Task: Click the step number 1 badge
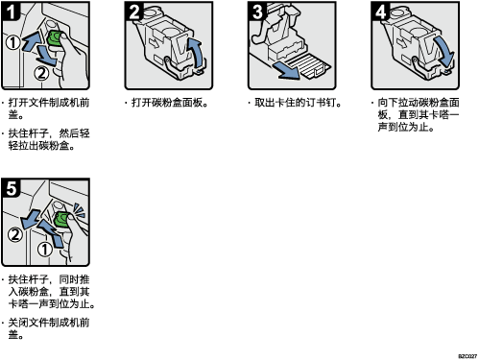tap(11, 12)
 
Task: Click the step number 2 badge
tap(133, 12)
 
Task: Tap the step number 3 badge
tap(257, 12)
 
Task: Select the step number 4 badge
tap(380, 12)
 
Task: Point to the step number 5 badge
tap(11, 188)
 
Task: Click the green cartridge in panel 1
tap(55, 38)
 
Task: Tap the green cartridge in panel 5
tap(61, 219)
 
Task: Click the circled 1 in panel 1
tap(13, 42)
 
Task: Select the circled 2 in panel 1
tap(41, 74)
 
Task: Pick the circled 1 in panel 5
tap(45, 250)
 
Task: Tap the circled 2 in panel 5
tap(15, 234)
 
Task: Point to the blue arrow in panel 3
tap(286, 70)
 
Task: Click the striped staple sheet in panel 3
tap(308, 65)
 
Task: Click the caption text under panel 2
tap(166, 103)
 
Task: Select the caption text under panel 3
tap(295, 103)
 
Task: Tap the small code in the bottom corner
tap(467, 356)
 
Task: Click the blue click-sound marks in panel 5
tap(79, 209)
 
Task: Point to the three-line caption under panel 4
tap(416, 115)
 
